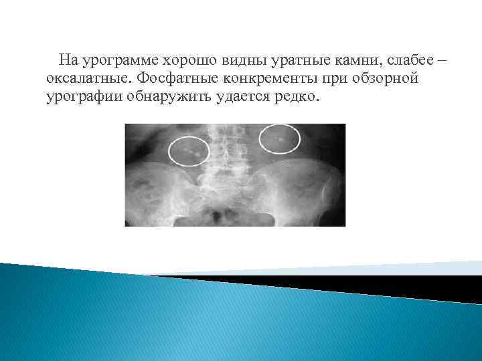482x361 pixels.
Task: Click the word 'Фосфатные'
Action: click(x=175, y=79)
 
